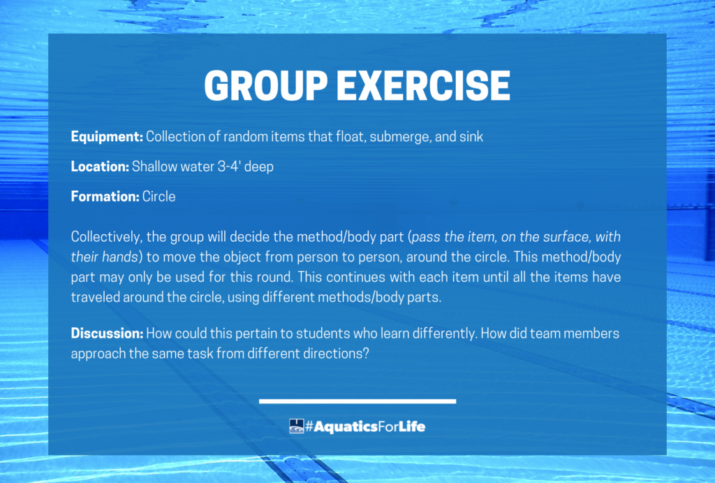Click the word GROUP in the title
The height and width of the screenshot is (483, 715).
point(266,86)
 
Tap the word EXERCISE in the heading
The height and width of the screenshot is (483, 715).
point(424,86)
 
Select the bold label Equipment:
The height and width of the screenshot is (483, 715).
point(107,137)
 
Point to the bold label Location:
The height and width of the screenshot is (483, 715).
point(101,166)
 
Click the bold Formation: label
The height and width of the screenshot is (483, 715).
point(105,196)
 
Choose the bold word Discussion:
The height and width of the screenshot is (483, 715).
point(108,333)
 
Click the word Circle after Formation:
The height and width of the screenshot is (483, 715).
point(159,196)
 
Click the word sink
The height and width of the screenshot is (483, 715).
point(471,136)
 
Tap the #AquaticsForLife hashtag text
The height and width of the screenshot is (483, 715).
point(365,426)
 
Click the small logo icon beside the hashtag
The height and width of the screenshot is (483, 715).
point(296,426)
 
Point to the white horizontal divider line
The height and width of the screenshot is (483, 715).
point(357,401)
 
